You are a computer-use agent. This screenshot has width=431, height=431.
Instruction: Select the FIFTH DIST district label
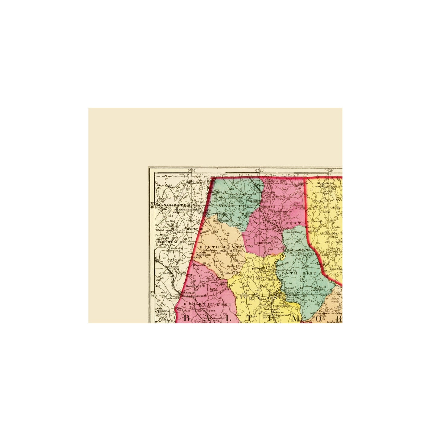pyautogui.click(x=218, y=247)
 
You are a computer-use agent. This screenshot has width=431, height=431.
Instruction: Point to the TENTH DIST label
pyautogui.click(x=297, y=273)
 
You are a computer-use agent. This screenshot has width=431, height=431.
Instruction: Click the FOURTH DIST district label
pyautogui.click(x=208, y=304)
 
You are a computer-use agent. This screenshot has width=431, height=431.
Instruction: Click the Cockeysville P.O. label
pyautogui.click(x=284, y=306)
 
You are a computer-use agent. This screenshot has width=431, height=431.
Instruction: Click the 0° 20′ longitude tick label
pyautogui.click(x=260, y=170)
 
